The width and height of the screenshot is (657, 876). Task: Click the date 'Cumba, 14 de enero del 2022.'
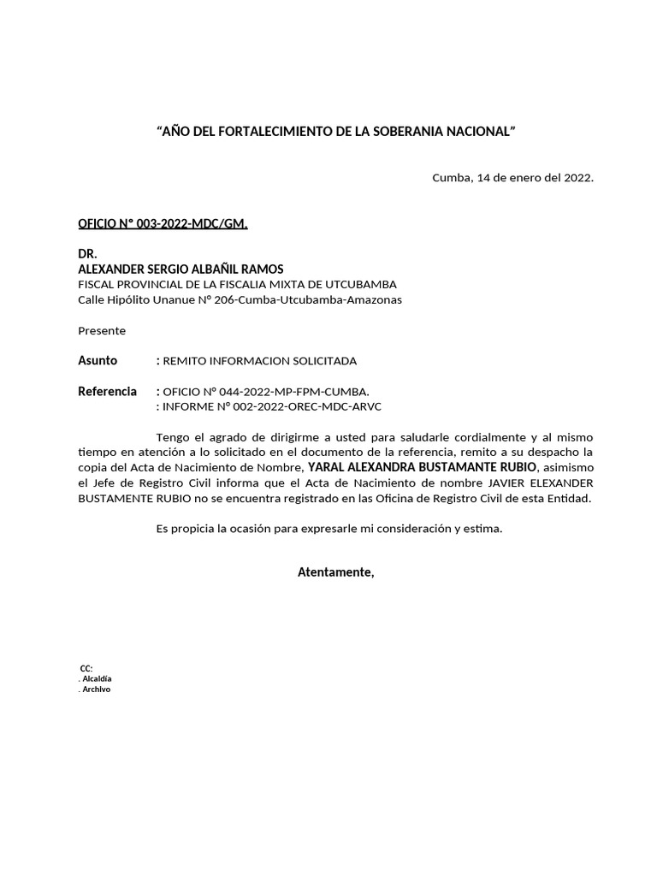[512, 178]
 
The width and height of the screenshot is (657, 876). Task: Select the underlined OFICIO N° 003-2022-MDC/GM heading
[163, 224]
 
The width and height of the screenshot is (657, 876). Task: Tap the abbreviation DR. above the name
[87, 254]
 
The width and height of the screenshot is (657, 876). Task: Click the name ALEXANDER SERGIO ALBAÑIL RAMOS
[181, 269]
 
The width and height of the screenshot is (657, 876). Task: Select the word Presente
[102, 330]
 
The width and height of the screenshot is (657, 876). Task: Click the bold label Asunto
[98, 360]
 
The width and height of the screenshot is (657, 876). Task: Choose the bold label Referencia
[107, 391]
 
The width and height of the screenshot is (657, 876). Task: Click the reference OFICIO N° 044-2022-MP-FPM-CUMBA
[266, 392]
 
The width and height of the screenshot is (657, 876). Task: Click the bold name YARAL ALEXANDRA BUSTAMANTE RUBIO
[423, 467]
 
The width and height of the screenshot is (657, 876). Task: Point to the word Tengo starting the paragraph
[172, 437]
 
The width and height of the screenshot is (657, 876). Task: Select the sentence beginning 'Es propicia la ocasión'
[329, 529]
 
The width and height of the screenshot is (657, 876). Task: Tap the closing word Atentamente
[335, 571]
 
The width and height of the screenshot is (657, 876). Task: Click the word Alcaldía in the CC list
[97, 678]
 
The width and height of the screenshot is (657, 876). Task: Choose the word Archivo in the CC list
[96, 690]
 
